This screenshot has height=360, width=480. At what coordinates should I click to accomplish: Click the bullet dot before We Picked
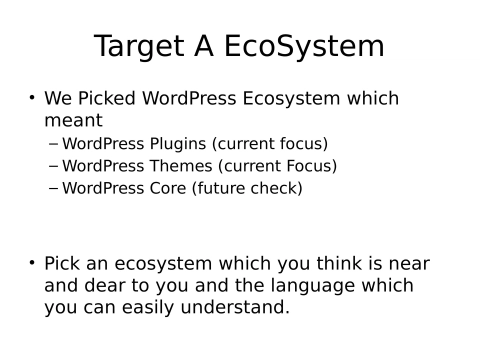coord(32,99)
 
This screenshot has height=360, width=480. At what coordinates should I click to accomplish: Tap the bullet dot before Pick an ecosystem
coord(32,264)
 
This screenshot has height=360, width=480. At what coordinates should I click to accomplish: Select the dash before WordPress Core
coord(54,188)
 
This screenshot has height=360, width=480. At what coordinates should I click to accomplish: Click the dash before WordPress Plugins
coord(54,144)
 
